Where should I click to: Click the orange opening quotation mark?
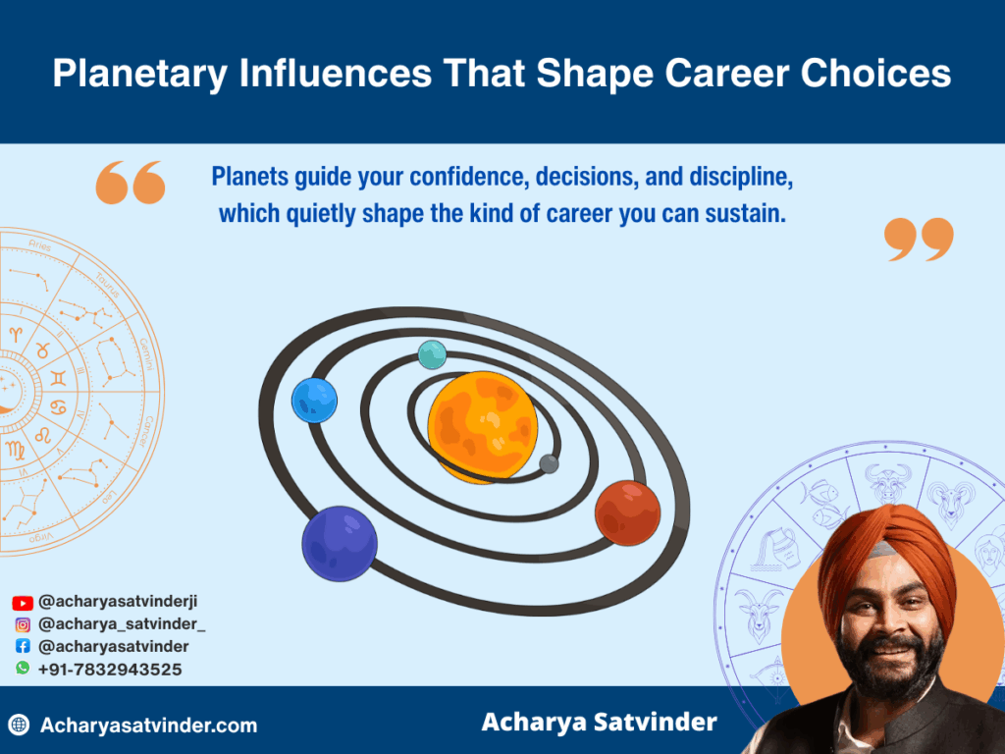click(x=131, y=183)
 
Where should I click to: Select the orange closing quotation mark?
click(x=919, y=240)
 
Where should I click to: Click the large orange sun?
click(x=483, y=426)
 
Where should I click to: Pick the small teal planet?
click(x=432, y=354)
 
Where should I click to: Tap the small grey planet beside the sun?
click(x=550, y=463)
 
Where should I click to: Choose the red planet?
click(x=627, y=512)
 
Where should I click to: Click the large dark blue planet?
click(x=340, y=543)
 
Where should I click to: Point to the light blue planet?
click(x=314, y=401)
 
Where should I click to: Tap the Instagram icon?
click(x=23, y=624)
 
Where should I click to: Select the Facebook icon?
click(x=23, y=647)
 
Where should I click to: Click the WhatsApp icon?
click(x=23, y=669)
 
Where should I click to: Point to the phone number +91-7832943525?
click(x=110, y=670)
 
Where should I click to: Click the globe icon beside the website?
click(x=19, y=726)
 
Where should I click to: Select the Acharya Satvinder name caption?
click(x=599, y=724)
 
